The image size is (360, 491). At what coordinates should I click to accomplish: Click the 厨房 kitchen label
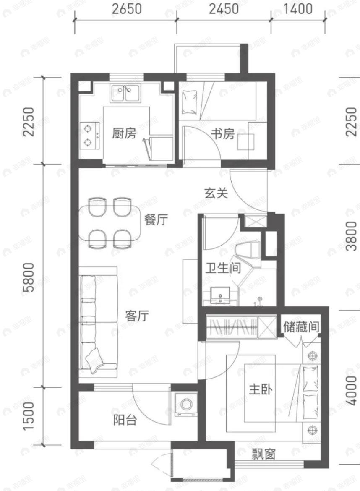point(124,134)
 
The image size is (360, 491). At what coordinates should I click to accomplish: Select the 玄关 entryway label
point(216,193)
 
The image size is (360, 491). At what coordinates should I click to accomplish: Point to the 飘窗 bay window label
point(263,454)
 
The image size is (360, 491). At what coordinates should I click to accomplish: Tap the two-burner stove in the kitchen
point(89,135)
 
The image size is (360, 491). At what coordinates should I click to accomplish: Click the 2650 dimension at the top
point(125,9)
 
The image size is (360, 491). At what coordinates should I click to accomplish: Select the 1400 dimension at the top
point(298,9)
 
